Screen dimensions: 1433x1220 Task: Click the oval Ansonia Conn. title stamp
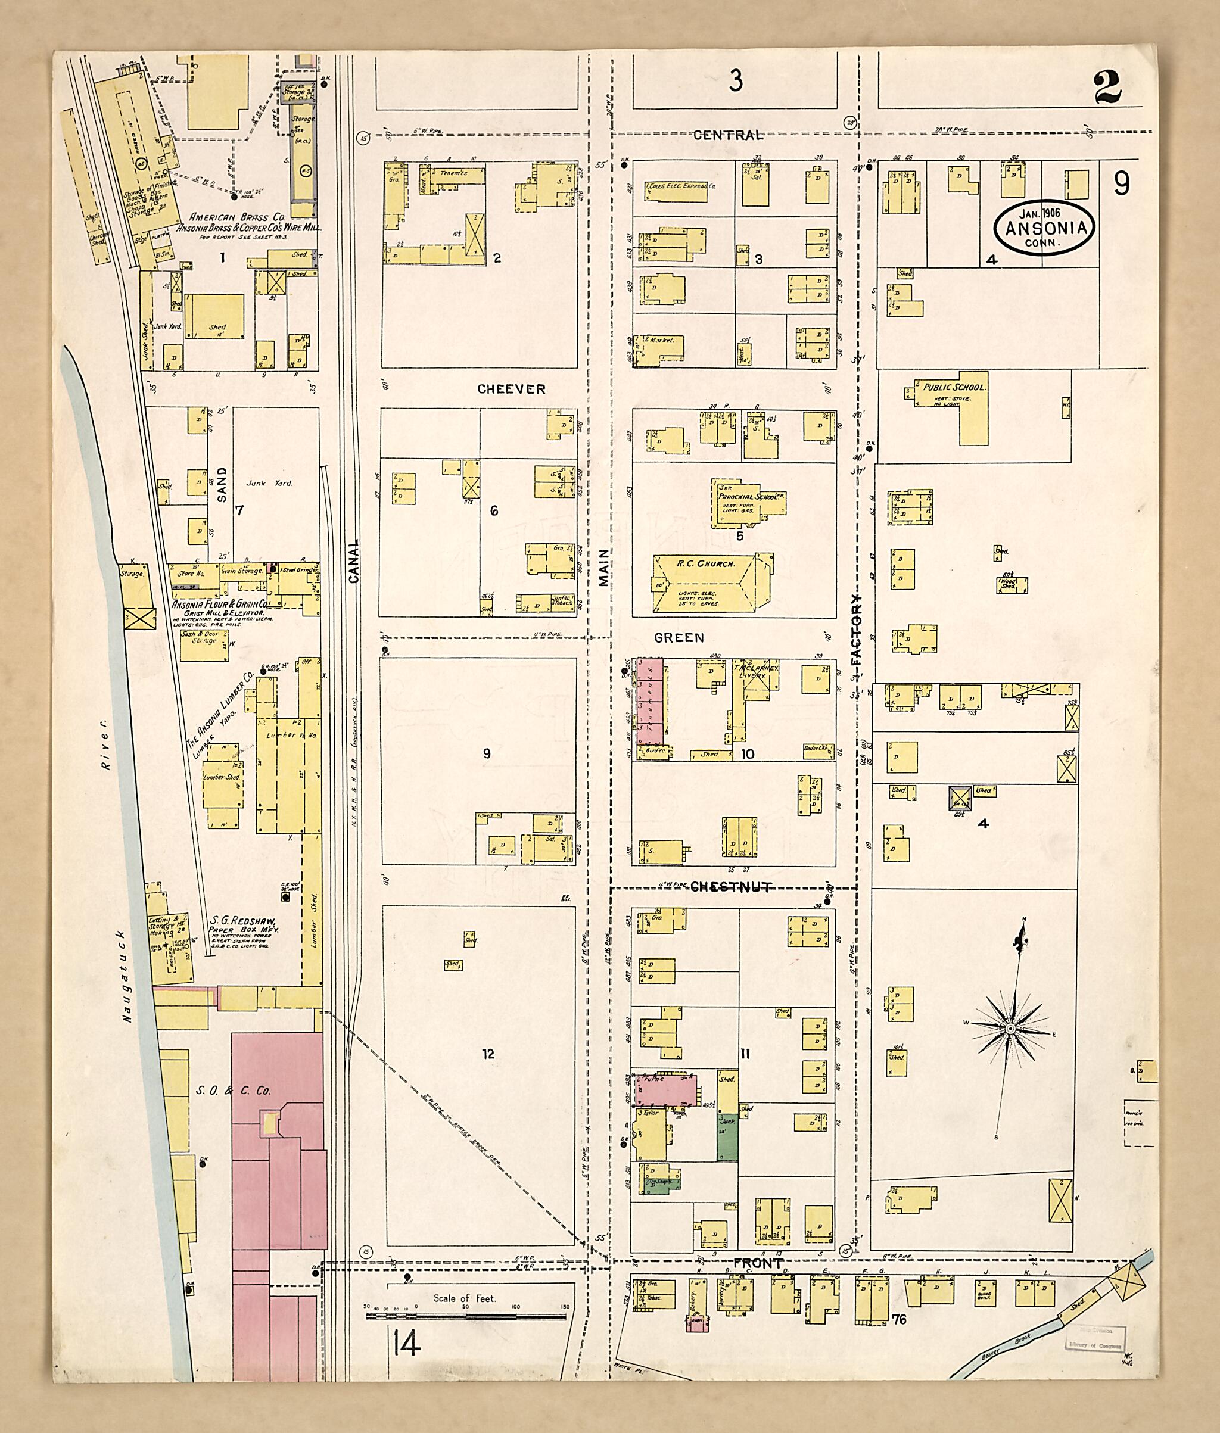[1045, 228]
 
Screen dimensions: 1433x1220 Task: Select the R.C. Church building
[705, 584]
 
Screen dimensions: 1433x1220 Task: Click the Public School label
[954, 387]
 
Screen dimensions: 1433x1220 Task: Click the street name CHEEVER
[511, 390]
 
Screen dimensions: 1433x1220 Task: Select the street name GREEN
[679, 638]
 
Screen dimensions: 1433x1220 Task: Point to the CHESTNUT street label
[731, 887]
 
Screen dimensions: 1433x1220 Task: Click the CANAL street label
[354, 561]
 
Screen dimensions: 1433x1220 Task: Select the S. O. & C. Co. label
[233, 1091]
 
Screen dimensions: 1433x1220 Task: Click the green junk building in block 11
[727, 1138]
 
